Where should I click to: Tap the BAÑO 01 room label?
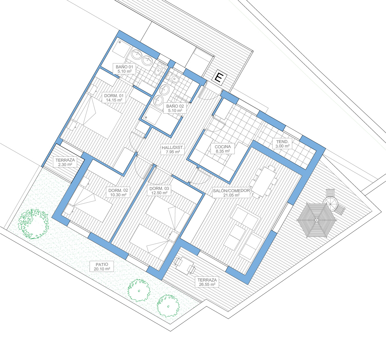coord(124,69)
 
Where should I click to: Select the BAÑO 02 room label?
coord(175,108)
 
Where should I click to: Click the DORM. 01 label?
coord(114,98)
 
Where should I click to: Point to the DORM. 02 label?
coord(118,193)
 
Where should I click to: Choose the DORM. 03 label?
coord(159,190)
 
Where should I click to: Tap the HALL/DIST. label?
coord(172,149)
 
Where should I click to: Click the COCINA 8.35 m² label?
coord(223,149)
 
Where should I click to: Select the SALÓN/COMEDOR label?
coord(231,193)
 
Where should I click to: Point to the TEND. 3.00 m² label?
coord(282,144)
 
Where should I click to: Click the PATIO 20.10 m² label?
coord(102,266)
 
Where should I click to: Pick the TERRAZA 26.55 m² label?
coord(207,282)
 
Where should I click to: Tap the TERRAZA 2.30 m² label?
coord(65,162)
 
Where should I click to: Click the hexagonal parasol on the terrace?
coord(316,220)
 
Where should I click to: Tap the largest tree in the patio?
coord(33,224)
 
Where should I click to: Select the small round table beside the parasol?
coord(330,204)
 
